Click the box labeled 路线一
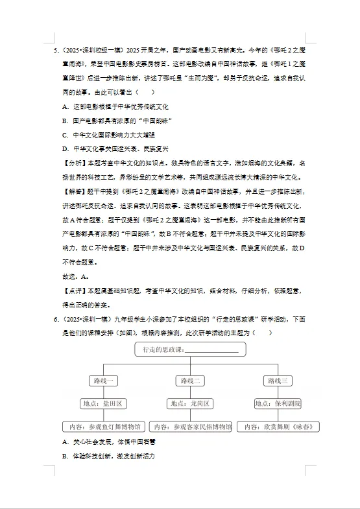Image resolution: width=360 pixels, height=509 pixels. (x=104, y=381)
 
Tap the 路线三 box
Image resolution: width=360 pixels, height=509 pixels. (x=278, y=381)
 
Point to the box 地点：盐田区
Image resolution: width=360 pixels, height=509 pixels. (x=104, y=403)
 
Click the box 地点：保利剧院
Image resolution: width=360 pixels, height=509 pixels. (x=278, y=403)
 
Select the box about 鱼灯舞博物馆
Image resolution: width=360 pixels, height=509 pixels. (x=104, y=427)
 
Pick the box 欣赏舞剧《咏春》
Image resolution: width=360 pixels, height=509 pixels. (x=278, y=427)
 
